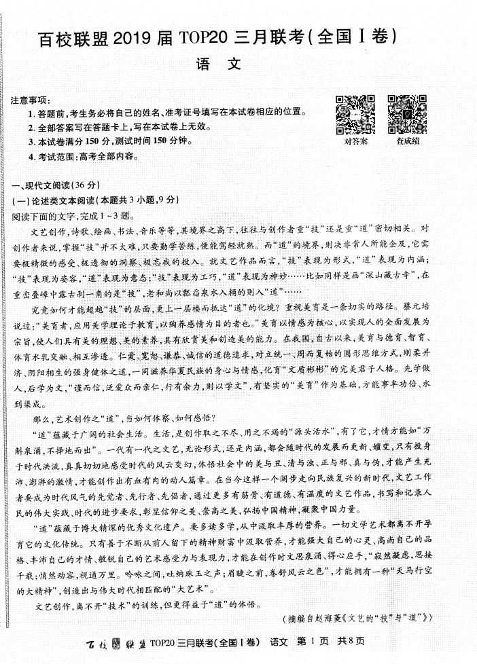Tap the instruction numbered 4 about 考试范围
pyautogui.click(x=85, y=157)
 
